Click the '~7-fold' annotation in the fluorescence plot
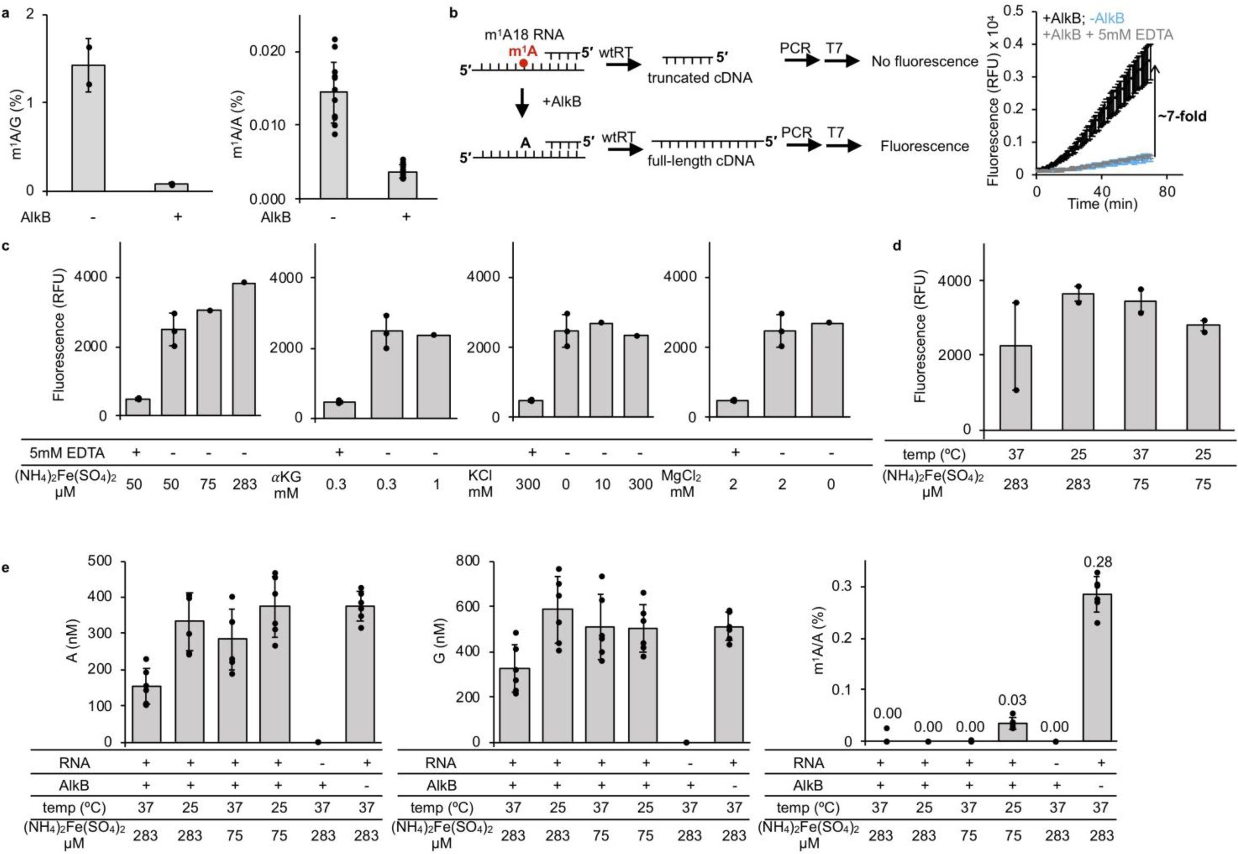pos(1182,115)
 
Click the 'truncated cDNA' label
pos(700,78)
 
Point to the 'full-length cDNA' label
pos(701,160)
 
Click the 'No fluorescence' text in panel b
pos(924,61)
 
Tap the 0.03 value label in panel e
pos(1012,701)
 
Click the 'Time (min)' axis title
pos(1102,204)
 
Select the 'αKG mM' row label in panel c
pos(287,484)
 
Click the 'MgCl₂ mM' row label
pos(682,484)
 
